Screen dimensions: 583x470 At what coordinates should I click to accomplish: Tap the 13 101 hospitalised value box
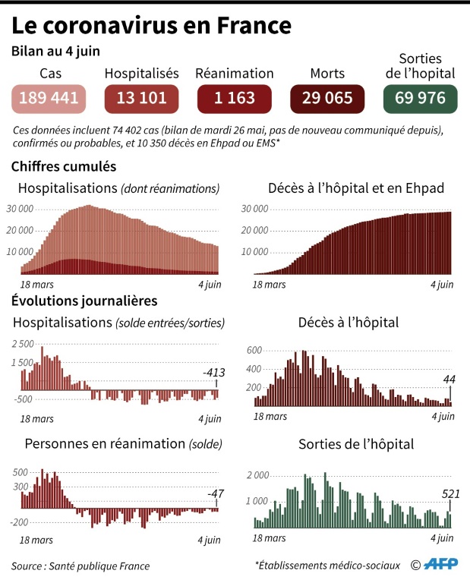pyautogui.click(x=140, y=99)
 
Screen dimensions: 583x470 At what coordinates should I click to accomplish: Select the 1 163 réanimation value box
pyautogui.click(x=234, y=99)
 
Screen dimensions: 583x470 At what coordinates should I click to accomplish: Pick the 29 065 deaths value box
pyautogui.click(x=327, y=99)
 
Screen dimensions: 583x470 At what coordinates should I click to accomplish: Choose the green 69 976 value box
pyautogui.click(x=420, y=99)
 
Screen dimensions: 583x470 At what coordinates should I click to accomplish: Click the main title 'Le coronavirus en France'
pyautogui.click(x=152, y=26)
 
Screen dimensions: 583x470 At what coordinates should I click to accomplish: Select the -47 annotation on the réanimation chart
pyautogui.click(x=216, y=495)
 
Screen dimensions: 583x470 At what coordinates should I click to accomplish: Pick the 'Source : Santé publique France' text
pyautogui.click(x=81, y=566)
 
